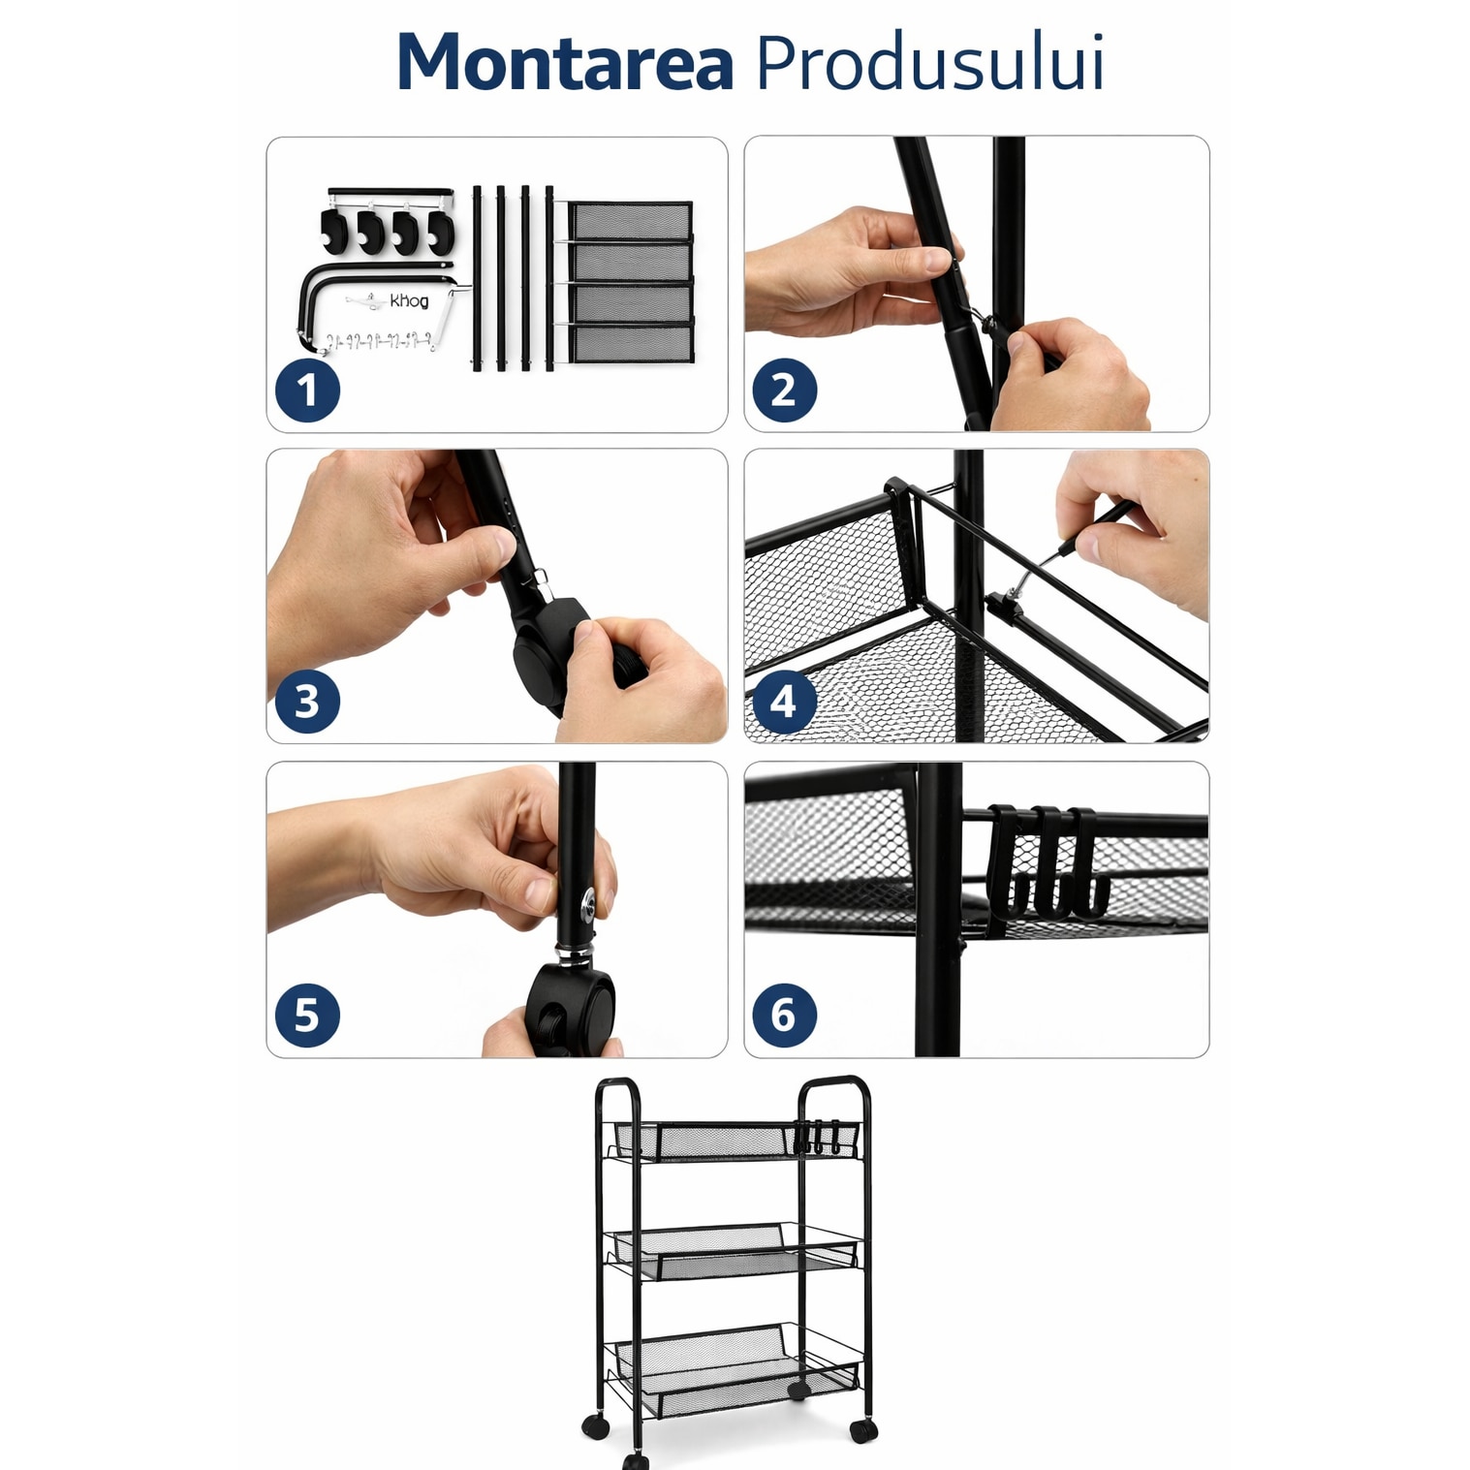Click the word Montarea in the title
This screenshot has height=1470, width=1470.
(565, 63)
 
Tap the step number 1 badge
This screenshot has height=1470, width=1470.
(307, 391)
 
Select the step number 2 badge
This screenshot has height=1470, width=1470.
(784, 391)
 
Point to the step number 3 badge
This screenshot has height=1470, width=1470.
(307, 702)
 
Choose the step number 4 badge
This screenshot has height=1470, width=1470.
(784, 702)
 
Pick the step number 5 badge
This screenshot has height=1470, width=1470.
(307, 1015)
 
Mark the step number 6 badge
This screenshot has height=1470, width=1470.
(784, 1015)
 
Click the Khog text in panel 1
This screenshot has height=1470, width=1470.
(409, 301)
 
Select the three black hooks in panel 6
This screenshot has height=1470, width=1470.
(1047, 861)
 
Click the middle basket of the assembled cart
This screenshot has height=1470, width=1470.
(733, 1251)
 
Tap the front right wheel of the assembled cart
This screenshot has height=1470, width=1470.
(862, 1428)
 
